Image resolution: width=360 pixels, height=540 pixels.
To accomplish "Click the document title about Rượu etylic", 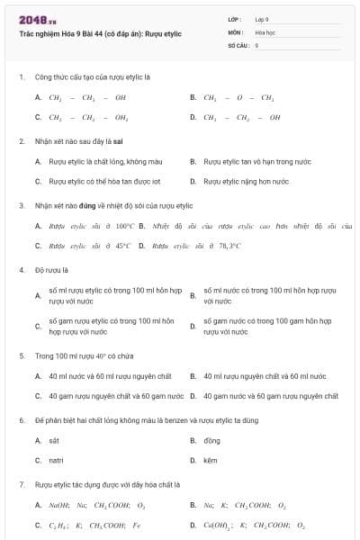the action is point(101,33).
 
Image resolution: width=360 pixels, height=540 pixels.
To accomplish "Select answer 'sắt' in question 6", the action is point(54,440).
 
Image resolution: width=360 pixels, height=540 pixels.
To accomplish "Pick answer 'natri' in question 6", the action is point(56,460).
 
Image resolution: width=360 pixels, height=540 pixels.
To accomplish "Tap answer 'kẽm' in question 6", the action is point(211,460).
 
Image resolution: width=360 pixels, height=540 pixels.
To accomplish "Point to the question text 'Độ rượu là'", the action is point(52,269).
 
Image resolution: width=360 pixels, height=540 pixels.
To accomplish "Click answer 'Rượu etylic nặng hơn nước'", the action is point(246,181).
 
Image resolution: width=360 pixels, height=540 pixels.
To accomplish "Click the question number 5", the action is point(21,355).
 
